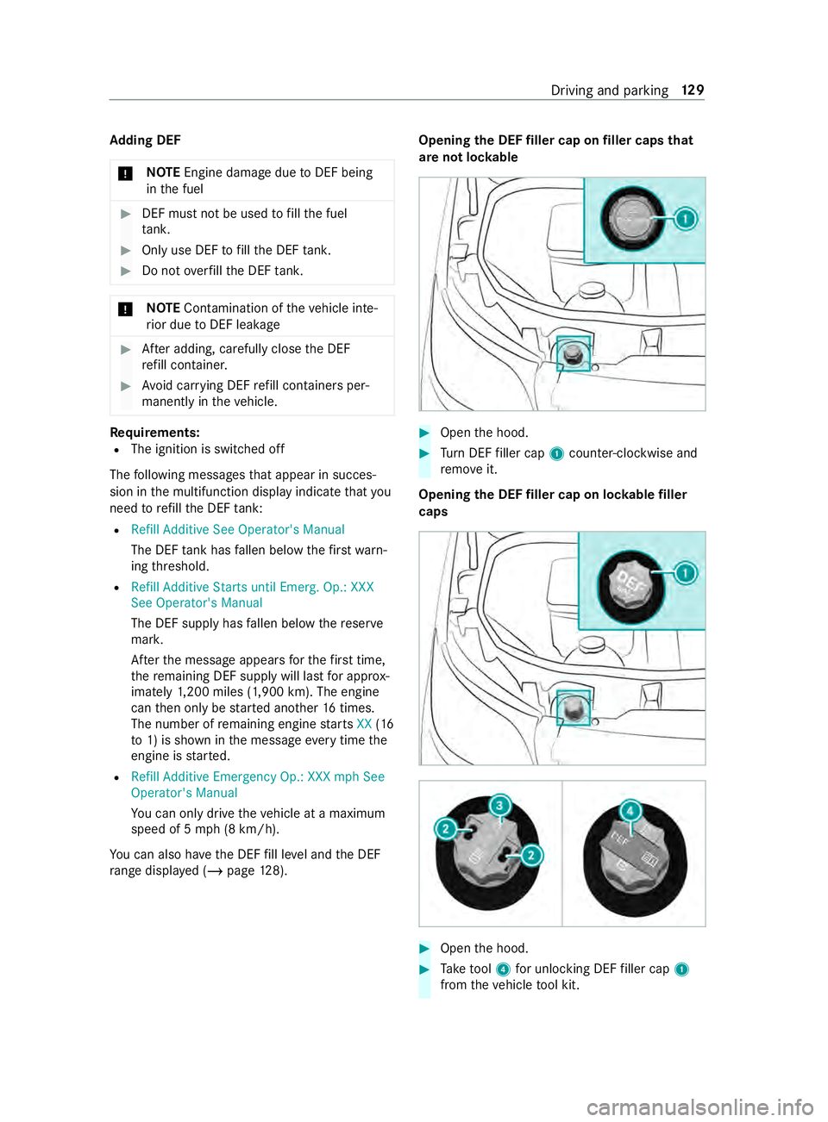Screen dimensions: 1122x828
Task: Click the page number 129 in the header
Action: click(693, 90)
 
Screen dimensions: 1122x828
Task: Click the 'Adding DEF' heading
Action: click(145, 140)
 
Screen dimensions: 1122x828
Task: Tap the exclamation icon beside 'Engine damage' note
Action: click(126, 173)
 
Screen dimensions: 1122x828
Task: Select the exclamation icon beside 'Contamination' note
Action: click(126, 309)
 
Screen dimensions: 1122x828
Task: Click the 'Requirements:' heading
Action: click(155, 433)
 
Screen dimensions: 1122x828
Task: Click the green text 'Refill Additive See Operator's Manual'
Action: click(238, 530)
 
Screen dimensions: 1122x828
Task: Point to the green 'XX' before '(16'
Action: click(364, 724)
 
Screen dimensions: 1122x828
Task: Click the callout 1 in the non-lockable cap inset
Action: click(685, 219)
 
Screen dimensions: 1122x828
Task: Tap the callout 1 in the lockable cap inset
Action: click(685, 573)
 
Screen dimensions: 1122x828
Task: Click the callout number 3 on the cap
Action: click(499, 806)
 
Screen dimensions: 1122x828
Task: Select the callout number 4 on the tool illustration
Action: click(630, 811)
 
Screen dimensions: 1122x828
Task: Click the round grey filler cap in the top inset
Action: click(633, 219)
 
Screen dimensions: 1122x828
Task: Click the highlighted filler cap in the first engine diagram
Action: click(573, 353)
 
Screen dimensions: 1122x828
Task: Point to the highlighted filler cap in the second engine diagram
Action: click(574, 707)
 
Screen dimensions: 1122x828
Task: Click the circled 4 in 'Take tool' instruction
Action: click(504, 969)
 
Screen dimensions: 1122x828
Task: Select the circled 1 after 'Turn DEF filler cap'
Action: click(557, 454)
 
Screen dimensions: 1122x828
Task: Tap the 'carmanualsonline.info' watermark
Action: click(699, 1106)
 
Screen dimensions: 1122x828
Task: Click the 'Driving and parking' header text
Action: click(609, 90)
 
